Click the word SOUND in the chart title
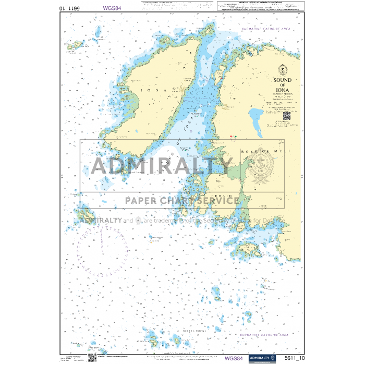[283, 80]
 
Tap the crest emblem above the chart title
[283, 68]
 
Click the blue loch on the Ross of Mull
[257, 116]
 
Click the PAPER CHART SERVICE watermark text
[181, 200]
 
